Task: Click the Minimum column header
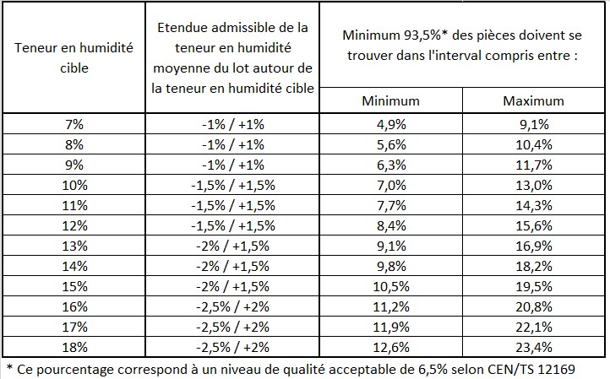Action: click(x=390, y=101)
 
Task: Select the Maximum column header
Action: click(x=533, y=101)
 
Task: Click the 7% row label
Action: click(x=74, y=124)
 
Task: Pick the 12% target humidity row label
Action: click(x=74, y=225)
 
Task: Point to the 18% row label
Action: click(x=74, y=347)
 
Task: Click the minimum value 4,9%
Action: click(x=390, y=124)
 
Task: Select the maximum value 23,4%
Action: click(x=533, y=347)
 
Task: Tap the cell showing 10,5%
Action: click(x=390, y=286)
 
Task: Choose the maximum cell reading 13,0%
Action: click(x=533, y=185)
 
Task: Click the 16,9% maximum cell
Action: click(x=533, y=246)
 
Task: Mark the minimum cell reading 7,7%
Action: click(x=390, y=205)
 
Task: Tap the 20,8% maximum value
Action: click(x=533, y=306)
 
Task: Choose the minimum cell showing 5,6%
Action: click(x=390, y=144)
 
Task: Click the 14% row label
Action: click(x=74, y=266)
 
